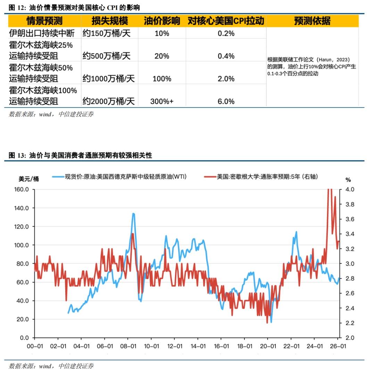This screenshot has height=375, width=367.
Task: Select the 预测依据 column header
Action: (x=312, y=21)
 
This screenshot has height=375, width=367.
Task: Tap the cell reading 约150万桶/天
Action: (x=105, y=33)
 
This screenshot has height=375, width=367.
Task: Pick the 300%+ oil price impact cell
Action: (x=162, y=101)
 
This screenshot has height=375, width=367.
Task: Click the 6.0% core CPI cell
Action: (x=226, y=101)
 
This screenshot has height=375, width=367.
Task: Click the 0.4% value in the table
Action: (x=226, y=56)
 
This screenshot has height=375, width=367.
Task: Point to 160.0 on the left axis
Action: (x=21, y=190)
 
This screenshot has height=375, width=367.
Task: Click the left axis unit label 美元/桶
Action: (x=28, y=179)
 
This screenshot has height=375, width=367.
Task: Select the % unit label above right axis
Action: (x=348, y=180)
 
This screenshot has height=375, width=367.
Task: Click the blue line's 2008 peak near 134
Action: (x=133, y=214)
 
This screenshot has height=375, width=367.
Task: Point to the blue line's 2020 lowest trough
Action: (x=271, y=322)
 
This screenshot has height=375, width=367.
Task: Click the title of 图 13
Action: (x=80, y=156)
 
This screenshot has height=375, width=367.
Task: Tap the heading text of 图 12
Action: (x=75, y=7)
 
